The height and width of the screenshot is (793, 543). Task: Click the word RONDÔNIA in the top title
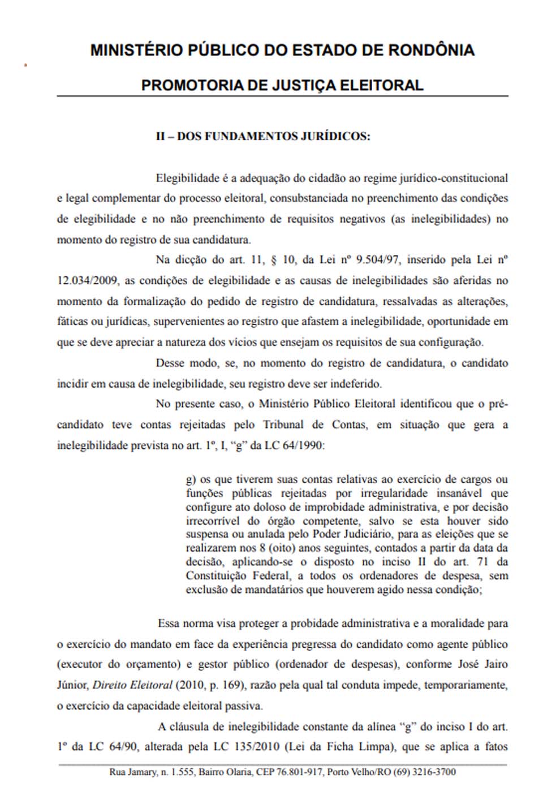click(431, 50)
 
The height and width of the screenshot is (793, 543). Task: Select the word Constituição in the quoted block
click(214, 575)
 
